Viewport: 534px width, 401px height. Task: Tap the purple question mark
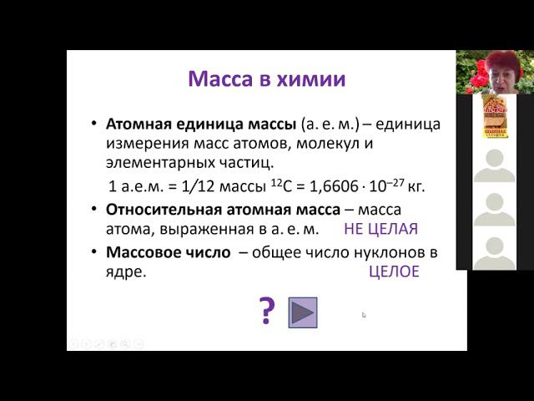point(267,311)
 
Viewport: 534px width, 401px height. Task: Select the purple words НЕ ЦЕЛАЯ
point(380,228)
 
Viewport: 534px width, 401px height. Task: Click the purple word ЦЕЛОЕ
point(394,272)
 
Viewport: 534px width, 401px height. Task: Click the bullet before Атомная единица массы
point(93,124)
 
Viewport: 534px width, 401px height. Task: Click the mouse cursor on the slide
point(364,315)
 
